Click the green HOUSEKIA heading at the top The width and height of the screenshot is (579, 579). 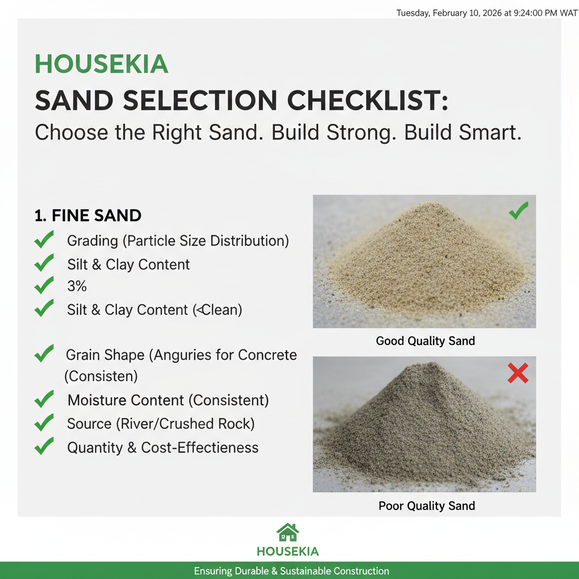(x=102, y=64)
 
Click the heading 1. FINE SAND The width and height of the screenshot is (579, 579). (x=88, y=215)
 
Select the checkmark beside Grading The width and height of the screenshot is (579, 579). (x=44, y=240)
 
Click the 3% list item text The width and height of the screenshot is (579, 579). (x=77, y=286)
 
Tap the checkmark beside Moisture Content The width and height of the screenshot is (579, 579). (x=44, y=400)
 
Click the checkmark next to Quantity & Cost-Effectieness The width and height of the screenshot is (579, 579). (x=44, y=447)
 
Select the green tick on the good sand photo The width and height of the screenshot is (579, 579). (x=518, y=211)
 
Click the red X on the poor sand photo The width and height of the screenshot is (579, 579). (x=518, y=373)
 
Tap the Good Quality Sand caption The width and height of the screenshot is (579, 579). (x=425, y=341)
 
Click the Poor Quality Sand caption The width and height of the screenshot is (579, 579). (x=426, y=505)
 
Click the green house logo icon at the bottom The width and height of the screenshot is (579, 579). (x=288, y=533)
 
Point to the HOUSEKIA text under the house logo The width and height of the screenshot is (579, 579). (x=288, y=551)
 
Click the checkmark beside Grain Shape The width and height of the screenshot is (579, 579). (x=44, y=354)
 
